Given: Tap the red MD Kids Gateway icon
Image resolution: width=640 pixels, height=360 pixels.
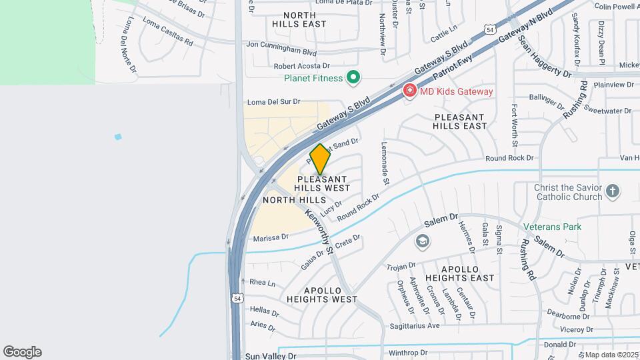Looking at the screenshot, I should click(x=409, y=91).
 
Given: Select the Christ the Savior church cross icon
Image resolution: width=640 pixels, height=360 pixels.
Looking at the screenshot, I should click(x=613, y=193).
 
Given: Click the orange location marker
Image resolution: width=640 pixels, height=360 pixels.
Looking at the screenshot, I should click(x=321, y=159).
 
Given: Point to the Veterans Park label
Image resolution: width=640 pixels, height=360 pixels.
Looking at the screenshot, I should click(x=553, y=227).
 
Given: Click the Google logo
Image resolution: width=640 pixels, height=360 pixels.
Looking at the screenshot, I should click(x=22, y=351).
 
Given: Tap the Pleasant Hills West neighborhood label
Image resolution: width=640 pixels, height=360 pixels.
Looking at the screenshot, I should click(x=323, y=183).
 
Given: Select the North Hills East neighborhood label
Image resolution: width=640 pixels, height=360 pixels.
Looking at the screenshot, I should click(x=299, y=19).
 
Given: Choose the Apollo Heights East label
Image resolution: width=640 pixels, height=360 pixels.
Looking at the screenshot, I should click(x=467, y=273).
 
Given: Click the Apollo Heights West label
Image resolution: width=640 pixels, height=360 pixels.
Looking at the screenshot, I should click(x=323, y=295).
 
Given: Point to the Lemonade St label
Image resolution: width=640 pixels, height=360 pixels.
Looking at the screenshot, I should click(x=385, y=163).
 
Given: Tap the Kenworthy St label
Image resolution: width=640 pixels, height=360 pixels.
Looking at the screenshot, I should click(x=319, y=231).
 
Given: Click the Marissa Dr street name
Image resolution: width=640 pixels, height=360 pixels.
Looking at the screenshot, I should click(x=271, y=237).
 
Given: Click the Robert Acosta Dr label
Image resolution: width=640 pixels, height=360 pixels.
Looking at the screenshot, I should click(x=302, y=66).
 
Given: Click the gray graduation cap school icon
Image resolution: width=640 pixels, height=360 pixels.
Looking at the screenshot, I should click(x=421, y=240).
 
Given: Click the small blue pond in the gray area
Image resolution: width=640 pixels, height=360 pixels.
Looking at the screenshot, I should click(x=118, y=137).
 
